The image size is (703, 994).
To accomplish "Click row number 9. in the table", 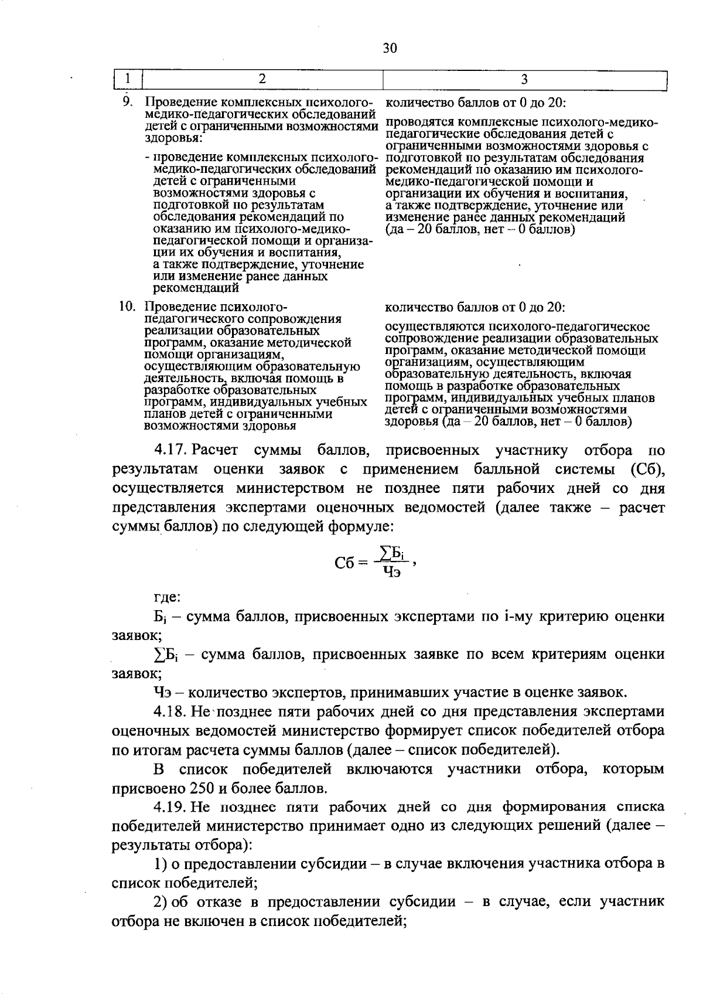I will (x=128, y=101).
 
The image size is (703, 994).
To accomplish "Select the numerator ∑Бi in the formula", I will (x=393, y=553).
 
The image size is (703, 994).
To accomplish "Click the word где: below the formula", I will (x=166, y=598).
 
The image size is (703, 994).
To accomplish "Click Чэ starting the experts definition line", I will (x=162, y=693).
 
